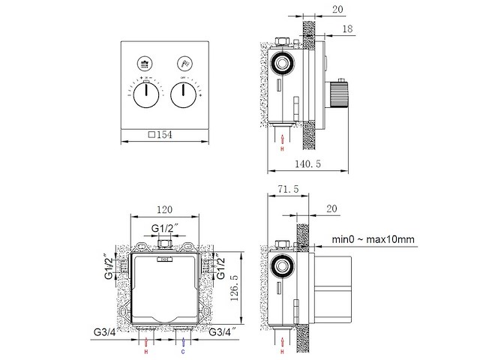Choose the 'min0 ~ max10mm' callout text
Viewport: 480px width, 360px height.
[373, 240]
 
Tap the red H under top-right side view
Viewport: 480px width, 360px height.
[282, 149]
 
